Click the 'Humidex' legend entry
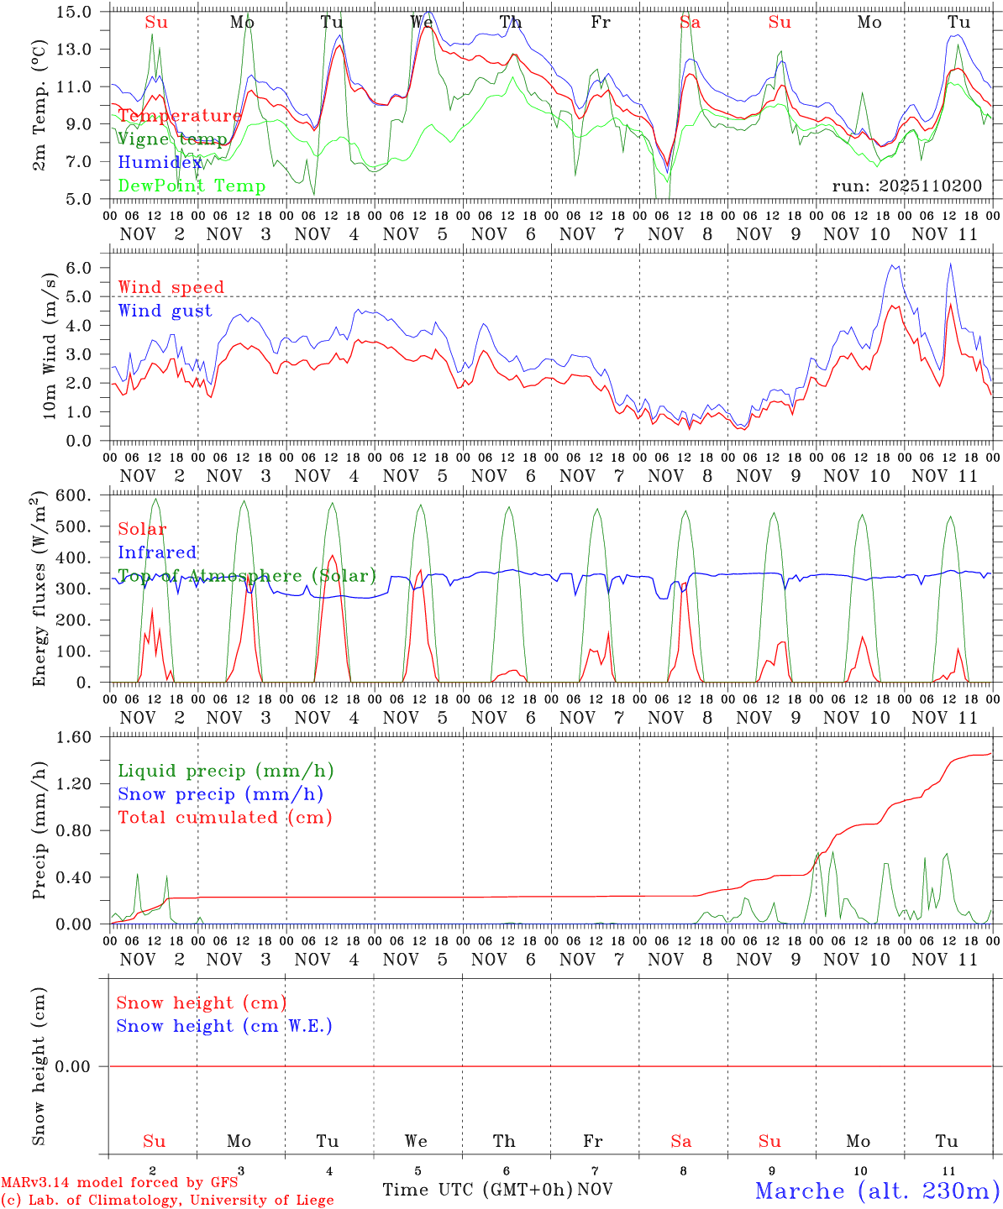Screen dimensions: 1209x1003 point(160,163)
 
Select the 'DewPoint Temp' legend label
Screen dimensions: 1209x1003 point(192,186)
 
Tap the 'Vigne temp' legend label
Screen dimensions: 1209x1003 point(171,139)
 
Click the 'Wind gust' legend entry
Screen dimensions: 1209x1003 point(165,311)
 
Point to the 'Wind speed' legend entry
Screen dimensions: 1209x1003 point(171,287)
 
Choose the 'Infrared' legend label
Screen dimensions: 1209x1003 point(157,552)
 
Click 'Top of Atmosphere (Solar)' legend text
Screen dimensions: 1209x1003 point(246,576)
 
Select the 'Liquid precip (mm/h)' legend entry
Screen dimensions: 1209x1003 point(225,771)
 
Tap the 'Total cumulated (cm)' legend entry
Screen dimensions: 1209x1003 point(224,818)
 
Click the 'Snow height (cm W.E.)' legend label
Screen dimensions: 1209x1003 point(223,1026)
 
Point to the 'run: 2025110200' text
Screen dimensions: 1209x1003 point(906,186)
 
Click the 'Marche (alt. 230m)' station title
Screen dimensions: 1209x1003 point(877,1191)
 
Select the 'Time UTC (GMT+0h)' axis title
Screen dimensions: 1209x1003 point(477,1190)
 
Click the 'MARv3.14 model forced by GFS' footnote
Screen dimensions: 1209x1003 point(119,1183)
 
